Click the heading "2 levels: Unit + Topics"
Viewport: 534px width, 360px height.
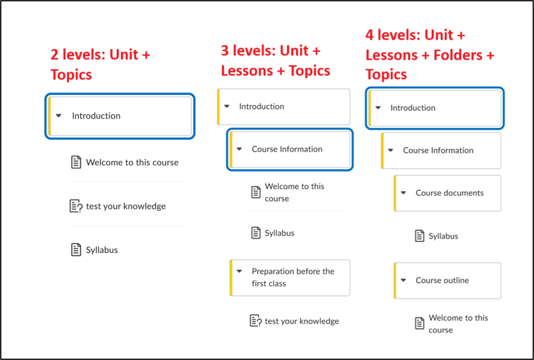(100, 64)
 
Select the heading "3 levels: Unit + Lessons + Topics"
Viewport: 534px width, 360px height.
(275, 61)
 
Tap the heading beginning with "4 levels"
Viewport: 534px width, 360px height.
(430, 54)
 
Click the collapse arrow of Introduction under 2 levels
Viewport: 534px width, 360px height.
(58, 116)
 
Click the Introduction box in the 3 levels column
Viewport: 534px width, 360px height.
(284, 106)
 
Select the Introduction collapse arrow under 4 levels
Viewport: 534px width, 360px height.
(377, 108)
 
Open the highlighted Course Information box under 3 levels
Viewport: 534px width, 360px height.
(290, 149)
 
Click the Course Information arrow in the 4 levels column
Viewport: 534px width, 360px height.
(390, 150)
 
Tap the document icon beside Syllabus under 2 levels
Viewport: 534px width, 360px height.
(76, 250)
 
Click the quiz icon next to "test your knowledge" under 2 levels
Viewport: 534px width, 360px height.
(76, 206)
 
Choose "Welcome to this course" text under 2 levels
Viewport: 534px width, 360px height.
(132, 162)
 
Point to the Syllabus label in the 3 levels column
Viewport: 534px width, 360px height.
(279, 233)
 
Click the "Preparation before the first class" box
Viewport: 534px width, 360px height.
(290, 277)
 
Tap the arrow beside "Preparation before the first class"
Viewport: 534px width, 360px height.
(239, 271)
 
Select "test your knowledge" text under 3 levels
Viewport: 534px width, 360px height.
(302, 321)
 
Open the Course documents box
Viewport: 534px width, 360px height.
(448, 193)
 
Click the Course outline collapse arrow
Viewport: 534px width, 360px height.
(403, 280)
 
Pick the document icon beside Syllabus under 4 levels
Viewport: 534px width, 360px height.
(419, 236)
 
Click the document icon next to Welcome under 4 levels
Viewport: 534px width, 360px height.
(419, 323)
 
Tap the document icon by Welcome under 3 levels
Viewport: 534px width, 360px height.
(256, 192)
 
